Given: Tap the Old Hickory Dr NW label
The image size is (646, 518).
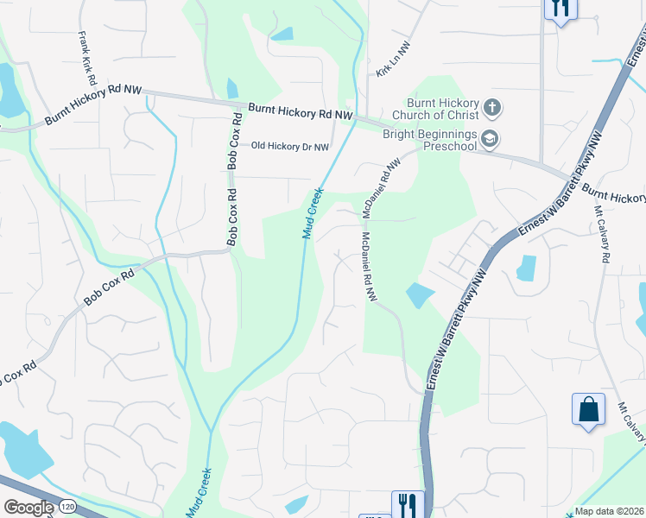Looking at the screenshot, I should pos(289,147).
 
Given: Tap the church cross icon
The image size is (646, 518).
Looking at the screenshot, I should pos(491,108).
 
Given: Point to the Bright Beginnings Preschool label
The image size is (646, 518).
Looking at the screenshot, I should pos(430,140).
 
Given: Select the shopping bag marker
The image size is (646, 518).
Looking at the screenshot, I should pos(587,409).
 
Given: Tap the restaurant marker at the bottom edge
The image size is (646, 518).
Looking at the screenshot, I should pos(408,503).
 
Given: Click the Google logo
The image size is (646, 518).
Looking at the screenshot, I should pos(28,507).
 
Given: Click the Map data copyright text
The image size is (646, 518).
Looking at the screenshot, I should pos(608,511).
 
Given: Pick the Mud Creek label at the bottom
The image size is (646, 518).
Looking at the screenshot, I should pos(198,493).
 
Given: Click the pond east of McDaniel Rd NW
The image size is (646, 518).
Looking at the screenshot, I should pos(419,295).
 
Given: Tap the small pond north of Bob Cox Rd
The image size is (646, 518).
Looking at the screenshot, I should pos(231,88).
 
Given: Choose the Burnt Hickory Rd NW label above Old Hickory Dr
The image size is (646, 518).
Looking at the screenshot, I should pos(301,112).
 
